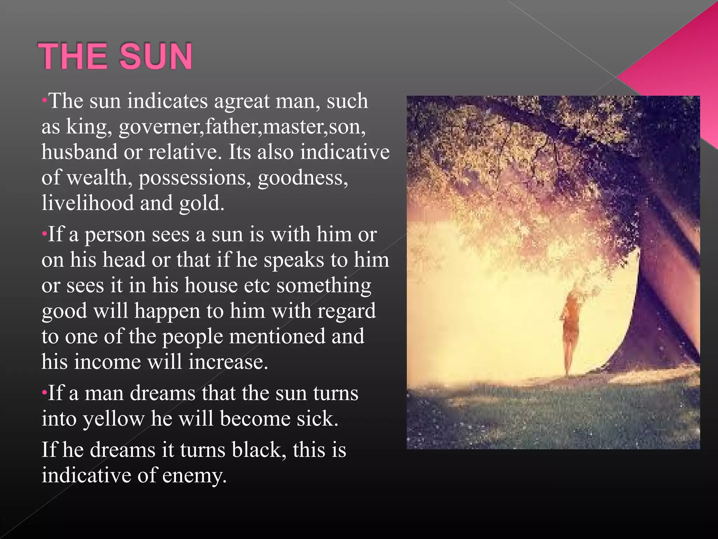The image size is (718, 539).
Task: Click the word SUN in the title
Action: pyautogui.click(x=156, y=56)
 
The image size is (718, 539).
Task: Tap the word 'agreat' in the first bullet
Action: pyautogui.click(x=242, y=101)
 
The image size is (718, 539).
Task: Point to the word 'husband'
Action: pyautogui.click(x=79, y=152)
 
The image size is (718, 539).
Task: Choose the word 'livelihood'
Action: pyautogui.click(x=88, y=203)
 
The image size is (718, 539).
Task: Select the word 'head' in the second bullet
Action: pyautogui.click(x=124, y=260)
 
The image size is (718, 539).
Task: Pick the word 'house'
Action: pyautogui.click(x=211, y=285)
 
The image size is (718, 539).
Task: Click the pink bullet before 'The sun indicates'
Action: pyautogui.click(x=44, y=100)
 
